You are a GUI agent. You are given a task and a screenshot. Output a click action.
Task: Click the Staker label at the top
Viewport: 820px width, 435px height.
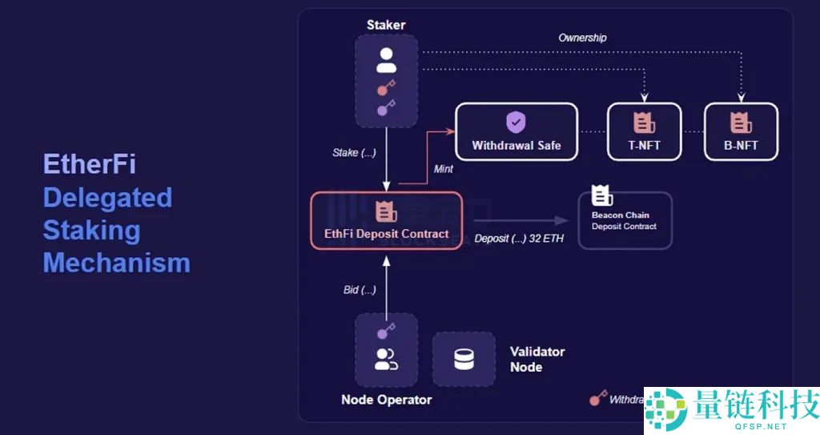tap(386, 25)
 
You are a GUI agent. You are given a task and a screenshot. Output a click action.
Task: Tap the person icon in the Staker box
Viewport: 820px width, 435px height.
tap(387, 59)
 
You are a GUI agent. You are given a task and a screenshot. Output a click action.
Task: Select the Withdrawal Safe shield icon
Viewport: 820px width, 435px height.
tap(516, 122)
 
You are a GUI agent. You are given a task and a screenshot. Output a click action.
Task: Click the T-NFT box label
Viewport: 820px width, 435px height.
tap(644, 146)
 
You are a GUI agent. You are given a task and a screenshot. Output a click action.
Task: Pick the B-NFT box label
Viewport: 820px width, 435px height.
tap(740, 146)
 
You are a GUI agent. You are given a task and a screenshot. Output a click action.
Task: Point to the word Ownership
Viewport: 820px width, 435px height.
tap(582, 38)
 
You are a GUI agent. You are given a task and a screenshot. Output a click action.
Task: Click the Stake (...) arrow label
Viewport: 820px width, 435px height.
tap(354, 152)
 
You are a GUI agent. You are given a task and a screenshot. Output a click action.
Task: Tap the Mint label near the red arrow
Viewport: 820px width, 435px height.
tap(444, 169)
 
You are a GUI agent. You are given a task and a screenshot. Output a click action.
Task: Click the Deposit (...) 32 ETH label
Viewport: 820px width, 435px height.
tap(519, 238)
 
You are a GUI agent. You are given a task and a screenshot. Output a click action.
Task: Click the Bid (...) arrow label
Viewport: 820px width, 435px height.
tap(360, 289)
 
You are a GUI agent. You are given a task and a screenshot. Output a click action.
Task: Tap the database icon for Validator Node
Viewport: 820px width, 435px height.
tap(464, 360)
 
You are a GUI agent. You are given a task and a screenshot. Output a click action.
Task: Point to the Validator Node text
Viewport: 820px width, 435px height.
tap(537, 360)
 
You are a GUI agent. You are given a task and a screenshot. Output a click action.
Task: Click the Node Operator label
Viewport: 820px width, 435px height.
tap(386, 400)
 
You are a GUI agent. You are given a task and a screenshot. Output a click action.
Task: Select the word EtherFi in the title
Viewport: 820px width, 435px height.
tap(89, 164)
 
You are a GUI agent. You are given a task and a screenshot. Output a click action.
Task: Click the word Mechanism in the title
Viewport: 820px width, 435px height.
tap(116, 263)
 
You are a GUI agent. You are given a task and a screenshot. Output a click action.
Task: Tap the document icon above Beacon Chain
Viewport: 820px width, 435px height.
tap(601, 195)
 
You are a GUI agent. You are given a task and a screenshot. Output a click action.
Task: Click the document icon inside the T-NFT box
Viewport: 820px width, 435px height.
tap(644, 123)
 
